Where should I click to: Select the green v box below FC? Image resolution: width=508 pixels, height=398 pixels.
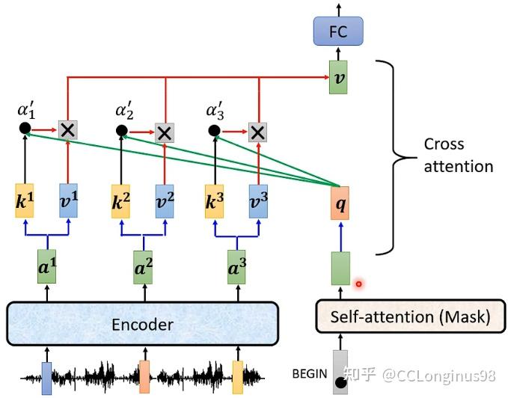tap(340, 78)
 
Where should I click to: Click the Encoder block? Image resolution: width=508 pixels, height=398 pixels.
tap(142, 325)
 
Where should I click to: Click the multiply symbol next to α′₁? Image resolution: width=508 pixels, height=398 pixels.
tap(68, 129)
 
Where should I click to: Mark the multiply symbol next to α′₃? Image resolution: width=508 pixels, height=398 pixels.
tap(257, 132)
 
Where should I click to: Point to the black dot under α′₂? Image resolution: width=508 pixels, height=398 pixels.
tap(122, 132)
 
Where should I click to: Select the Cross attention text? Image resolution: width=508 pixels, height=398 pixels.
tap(458, 155)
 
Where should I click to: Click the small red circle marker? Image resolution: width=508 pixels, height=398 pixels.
tap(359, 284)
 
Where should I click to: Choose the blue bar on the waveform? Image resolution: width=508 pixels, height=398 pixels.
tap(46, 377)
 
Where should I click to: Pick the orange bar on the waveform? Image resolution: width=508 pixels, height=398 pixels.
tap(144, 375)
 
